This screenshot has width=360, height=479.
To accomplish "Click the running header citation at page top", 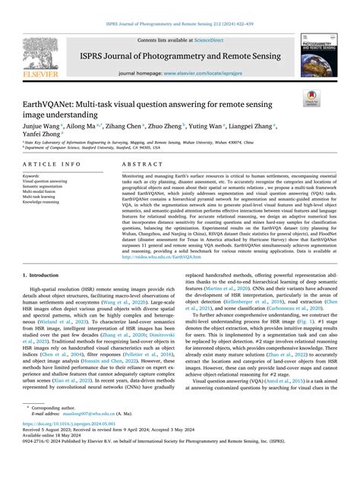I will [179, 5].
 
